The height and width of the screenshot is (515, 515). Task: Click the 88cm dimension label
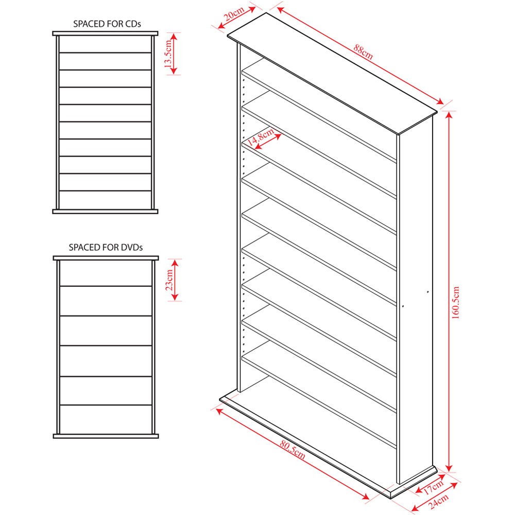coord(363,52)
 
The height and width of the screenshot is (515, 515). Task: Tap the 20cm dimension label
coord(234,14)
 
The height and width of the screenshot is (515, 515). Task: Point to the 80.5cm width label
coord(293,449)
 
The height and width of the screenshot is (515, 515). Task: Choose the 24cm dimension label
coord(438,501)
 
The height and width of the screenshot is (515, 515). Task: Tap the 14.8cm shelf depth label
coord(260,137)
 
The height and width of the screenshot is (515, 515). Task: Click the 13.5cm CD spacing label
coord(168,54)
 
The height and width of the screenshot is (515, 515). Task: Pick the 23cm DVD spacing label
coord(169,280)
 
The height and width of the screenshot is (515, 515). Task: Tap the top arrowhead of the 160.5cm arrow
coord(449,115)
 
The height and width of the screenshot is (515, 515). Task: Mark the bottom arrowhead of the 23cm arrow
coord(175,297)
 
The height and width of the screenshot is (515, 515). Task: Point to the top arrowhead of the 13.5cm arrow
coord(174,37)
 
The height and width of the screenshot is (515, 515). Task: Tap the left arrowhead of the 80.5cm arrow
coord(220,411)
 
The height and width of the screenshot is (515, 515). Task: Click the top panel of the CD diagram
coord(105,33)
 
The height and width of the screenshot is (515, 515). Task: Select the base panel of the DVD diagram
coord(106,436)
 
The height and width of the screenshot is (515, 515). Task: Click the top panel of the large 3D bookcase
coord(332,74)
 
